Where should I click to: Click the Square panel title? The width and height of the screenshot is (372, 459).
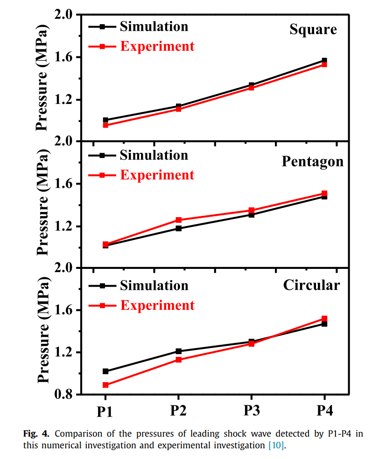coord(313,30)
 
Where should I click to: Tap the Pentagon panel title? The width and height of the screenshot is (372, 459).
coord(312,161)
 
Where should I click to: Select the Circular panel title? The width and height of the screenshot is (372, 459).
coord(311,285)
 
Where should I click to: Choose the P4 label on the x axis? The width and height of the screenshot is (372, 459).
coord(324,411)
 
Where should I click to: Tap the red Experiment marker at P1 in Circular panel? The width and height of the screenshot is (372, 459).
coord(105,385)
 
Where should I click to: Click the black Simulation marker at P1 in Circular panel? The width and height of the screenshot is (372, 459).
coord(105,371)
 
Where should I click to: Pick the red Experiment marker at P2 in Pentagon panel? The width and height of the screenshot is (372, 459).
coord(178,220)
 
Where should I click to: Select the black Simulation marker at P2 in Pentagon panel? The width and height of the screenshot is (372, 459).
coord(178,228)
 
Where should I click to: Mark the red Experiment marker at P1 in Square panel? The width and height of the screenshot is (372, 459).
coord(105,125)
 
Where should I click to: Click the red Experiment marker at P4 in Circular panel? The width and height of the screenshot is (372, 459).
coord(324,319)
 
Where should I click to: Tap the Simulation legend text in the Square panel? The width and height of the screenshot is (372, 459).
coord(154,26)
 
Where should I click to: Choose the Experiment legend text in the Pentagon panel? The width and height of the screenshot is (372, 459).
coord(157,175)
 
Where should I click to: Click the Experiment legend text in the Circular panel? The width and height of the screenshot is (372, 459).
coord(157,305)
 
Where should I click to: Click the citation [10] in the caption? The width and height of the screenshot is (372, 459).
coord(276,445)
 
